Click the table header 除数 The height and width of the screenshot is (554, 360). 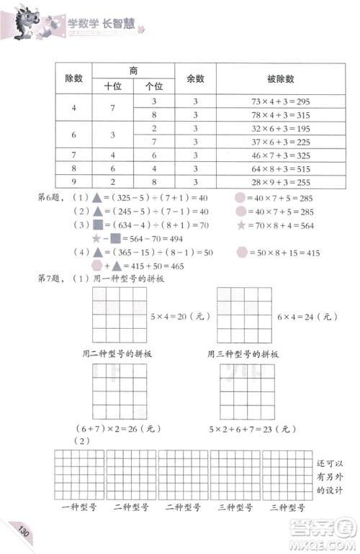tap(75, 78)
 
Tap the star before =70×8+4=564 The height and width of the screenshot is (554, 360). tap(240, 225)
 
